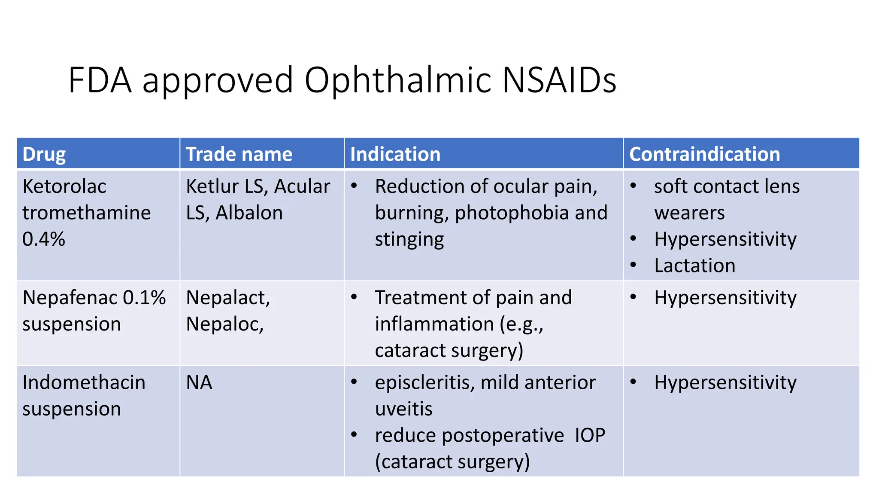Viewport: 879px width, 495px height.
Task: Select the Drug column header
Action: tap(44, 154)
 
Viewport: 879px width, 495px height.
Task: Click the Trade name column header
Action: tap(239, 154)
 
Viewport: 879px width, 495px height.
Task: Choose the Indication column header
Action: tap(395, 154)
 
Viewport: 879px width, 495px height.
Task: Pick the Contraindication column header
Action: tap(704, 154)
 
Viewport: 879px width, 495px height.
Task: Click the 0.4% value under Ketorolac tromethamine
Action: tap(43, 239)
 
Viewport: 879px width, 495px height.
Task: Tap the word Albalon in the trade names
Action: tap(249, 213)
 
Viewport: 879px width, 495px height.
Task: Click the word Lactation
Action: tap(694, 266)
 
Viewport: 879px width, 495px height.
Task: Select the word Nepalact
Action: tap(227, 298)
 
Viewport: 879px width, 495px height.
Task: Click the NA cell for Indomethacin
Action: tap(199, 382)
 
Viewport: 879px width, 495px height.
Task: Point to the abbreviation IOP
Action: tap(590, 435)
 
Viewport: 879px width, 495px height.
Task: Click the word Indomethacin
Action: tap(84, 382)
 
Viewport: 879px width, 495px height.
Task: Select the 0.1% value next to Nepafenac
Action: tap(144, 298)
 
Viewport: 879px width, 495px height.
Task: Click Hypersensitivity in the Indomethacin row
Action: tap(725, 382)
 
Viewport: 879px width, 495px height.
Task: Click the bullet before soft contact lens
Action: tap(633, 186)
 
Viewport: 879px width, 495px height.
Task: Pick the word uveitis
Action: tap(403, 409)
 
